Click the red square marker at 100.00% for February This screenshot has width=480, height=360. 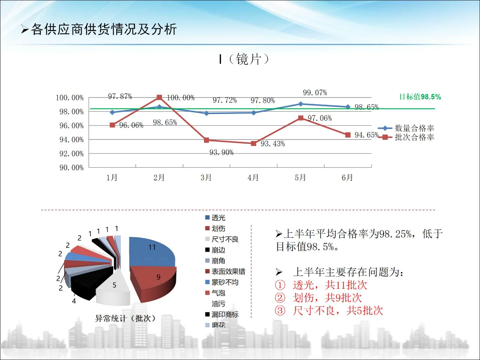pos(159,97)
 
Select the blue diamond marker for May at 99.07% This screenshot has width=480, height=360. pos(300,104)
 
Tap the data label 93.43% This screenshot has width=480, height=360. pos(273,144)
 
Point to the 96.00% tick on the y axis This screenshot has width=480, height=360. pos(71,126)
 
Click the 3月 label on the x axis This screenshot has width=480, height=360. pos(206,177)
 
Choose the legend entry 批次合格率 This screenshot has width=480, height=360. pos(414,137)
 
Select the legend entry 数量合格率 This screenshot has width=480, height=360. pos(414,128)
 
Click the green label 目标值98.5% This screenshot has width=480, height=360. pos(420,97)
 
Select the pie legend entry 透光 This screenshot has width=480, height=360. pos(218,218)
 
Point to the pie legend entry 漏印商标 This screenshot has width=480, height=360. pos(225,315)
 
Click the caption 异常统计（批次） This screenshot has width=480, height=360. pos(125,318)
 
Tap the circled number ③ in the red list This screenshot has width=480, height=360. pos(280,310)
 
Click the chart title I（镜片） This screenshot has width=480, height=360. pos(244,59)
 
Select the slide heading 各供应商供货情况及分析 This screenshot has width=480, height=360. pos(103,29)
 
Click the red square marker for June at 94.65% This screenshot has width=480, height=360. pos(348,135)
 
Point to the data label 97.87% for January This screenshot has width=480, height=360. pos(120,96)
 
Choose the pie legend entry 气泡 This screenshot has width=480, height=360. pos(218,293)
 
